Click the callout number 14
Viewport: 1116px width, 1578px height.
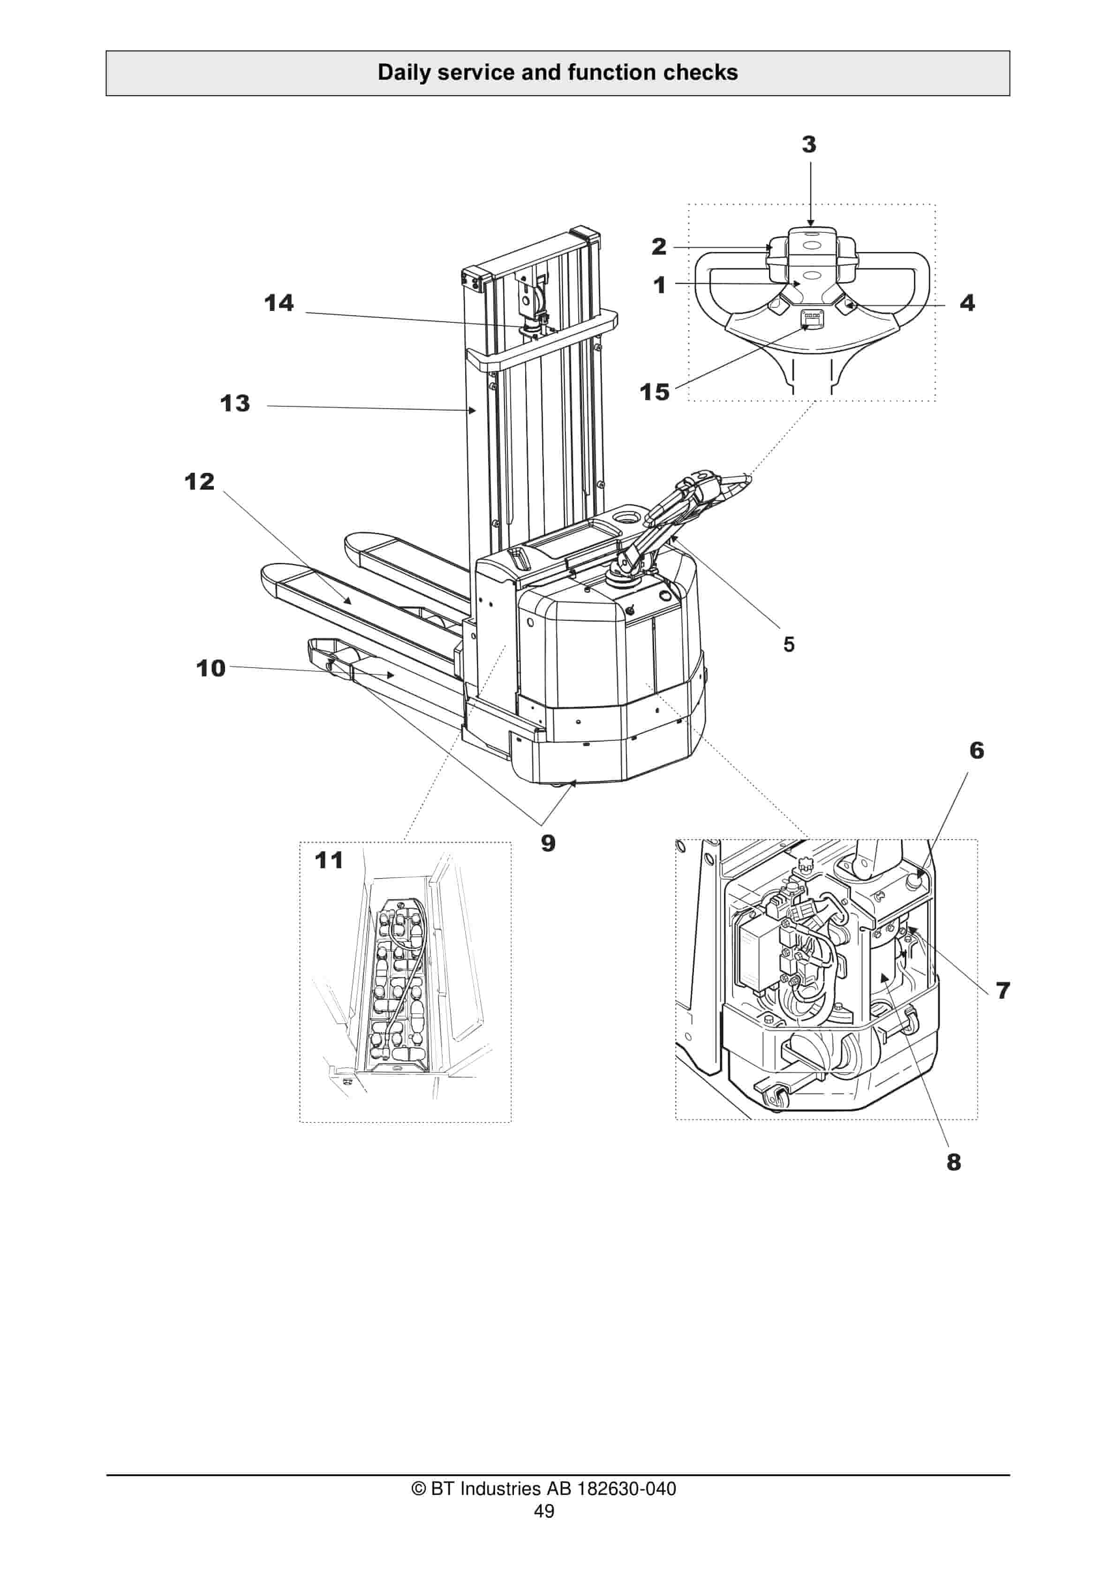click(x=279, y=303)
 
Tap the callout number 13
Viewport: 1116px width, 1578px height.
click(x=235, y=403)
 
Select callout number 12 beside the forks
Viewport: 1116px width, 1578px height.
click(x=199, y=481)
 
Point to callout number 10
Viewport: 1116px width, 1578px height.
click(x=211, y=668)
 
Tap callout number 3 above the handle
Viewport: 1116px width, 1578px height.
click(x=809, y=144)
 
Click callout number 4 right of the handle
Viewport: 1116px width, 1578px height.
click(x=967, y=303)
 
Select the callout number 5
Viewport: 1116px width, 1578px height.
click(x=789, y=644)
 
